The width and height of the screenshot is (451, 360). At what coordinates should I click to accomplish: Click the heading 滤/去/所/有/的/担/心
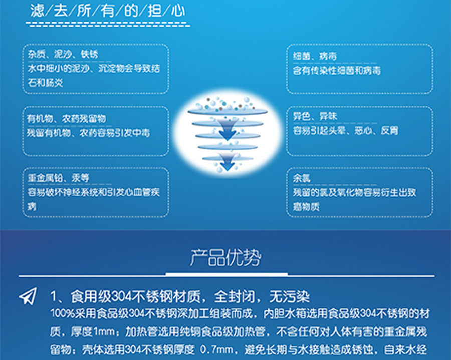coord(108,11)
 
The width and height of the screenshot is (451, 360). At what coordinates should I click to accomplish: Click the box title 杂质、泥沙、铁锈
coord(63,54)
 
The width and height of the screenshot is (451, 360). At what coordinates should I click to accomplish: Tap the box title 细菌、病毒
coord(315,56)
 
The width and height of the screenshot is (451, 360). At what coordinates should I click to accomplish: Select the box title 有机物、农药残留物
coord(67,118)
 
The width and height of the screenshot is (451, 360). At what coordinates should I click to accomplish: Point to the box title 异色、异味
coord(315,116)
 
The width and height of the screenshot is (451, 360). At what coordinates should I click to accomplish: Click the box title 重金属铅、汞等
coord(59,178)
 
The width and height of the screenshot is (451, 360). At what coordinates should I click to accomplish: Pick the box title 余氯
coord(302,178)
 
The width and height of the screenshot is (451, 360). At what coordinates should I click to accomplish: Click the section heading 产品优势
coord(225,257)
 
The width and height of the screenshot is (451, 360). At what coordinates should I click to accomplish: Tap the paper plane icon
coord(28,296)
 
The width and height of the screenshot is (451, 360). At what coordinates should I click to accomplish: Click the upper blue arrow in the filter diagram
coord(228,130)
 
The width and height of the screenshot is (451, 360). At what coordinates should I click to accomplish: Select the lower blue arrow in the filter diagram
coord(227,162)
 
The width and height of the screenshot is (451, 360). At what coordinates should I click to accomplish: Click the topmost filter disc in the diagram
coord(228,112)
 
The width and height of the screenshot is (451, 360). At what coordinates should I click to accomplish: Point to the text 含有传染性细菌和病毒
coord(337,70)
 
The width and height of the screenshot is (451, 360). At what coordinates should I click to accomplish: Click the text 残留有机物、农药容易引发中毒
coord(88,133)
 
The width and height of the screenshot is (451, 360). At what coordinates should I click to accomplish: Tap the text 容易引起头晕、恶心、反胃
coord(345,131)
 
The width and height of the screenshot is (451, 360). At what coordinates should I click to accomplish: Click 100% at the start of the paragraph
coord(63,313)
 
